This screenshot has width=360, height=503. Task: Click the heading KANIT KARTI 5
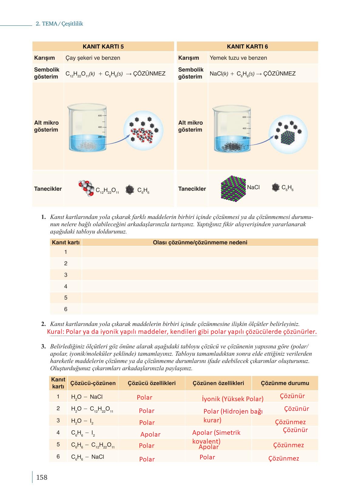[x=103, y=47]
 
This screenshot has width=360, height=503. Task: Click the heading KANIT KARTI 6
[x=247, y=47]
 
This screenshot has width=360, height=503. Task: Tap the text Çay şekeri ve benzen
[x=93, y=58]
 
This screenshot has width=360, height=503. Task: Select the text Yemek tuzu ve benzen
[x=238, y=58]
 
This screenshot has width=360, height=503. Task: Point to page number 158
[x=42, y=478]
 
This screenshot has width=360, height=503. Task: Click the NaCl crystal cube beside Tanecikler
[x=233, y=187]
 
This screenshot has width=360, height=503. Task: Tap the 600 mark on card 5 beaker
[x=100, y=116]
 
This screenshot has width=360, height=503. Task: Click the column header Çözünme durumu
[x=285, y=383]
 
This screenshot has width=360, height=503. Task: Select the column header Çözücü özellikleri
[x=152, y=383]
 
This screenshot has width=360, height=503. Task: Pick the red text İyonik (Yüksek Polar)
[x=232, y=399]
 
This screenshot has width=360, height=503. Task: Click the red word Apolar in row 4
[x=150, y=434]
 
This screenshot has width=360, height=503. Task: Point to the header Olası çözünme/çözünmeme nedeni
[x=200, y=243]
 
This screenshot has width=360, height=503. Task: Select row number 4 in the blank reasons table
[x=66, y=287]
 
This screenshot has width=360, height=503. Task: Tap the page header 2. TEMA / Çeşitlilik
[x=59, y=24]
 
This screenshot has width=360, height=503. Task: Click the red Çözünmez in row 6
[x=284, y=458]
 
